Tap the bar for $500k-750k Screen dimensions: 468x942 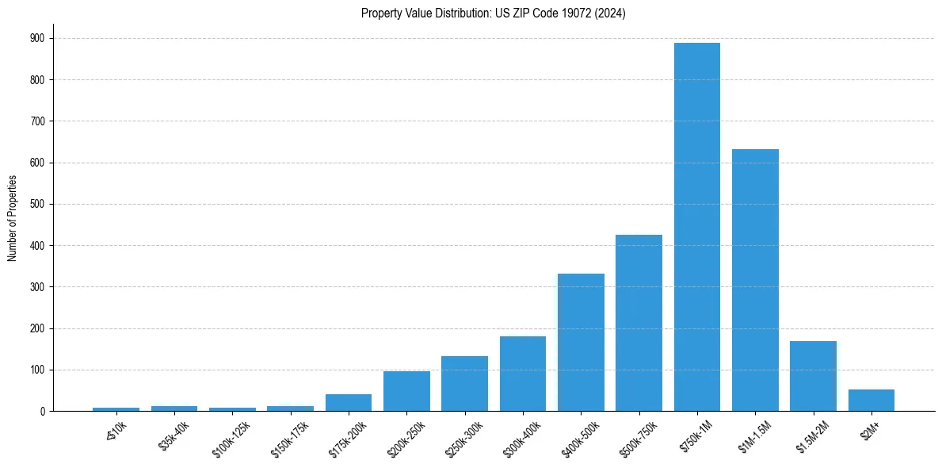click(639, 323)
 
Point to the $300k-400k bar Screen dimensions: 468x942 click(523, 374)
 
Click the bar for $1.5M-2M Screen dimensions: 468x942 click(813, 376)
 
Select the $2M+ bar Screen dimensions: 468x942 click(871, 401)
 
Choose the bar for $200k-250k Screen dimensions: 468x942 click(406, 391)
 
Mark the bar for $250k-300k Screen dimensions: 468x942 click(464, 384)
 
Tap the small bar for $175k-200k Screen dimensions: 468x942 click(349, 403)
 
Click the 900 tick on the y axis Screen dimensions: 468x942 click(36, 38)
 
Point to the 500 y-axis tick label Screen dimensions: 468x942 click(36, 204)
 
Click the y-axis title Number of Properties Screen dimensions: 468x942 click(12, 217)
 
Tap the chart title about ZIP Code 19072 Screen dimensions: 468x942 click(493, 13)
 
